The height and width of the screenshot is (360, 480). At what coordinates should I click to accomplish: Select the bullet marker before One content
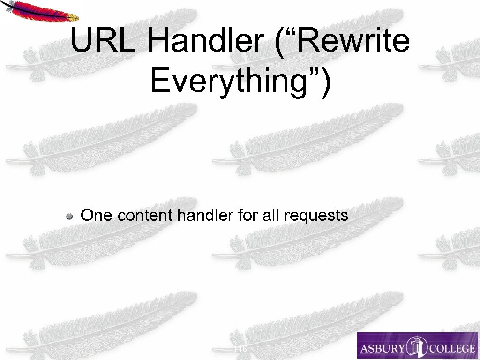point(69,216)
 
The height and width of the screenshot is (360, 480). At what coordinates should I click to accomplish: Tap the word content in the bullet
point(145,215)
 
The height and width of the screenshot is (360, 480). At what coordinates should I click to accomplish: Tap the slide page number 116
point(240,349)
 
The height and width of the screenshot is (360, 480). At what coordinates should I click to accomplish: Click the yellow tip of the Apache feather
point(73,17)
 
